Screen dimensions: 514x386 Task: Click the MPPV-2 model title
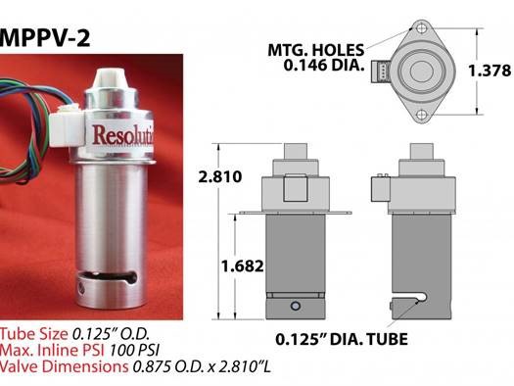click(x=45, y=38)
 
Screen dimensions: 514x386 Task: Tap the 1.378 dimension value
click(x=490, y=71)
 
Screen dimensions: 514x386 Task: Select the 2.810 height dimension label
click(x=220, y=176)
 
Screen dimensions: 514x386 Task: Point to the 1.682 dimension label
click(x=242, y=265)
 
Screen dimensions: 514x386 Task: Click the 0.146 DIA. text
click(x=324, y=65)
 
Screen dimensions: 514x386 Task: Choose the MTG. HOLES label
click(x=316, y=50)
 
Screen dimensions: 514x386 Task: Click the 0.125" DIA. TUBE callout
click(x=342, y=339)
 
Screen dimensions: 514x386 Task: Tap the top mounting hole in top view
click(x=422, y=28)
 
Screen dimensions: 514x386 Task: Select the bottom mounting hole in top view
click(x=422, y=115)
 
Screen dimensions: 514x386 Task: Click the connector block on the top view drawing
click(x=380, y=72)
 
